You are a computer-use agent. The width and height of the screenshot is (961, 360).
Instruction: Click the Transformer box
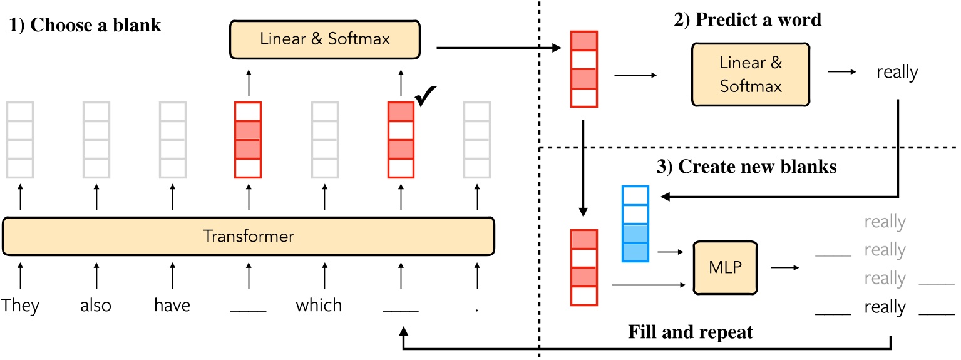click(249, 237)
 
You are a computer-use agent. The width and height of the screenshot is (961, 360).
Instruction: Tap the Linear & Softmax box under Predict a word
click(751, 74)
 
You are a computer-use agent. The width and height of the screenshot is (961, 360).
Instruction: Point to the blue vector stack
click(634, 224)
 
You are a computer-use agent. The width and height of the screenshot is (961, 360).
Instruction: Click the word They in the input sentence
click(20, 306)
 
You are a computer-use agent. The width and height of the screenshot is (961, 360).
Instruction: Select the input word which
click(319, 306)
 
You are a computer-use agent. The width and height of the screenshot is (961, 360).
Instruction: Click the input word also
click(96, 306)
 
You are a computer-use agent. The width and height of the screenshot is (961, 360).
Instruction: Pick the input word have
click(172, 306)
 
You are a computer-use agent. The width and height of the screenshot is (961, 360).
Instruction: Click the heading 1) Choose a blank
click(86, 27)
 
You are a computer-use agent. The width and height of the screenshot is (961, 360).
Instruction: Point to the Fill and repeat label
click(691, 332)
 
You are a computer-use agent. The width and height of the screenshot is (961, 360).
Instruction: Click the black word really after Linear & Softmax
click(897, 73)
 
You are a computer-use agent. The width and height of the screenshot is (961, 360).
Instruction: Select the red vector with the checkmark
click(401, 139)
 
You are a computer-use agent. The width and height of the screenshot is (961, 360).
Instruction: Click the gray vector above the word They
click(20, 139)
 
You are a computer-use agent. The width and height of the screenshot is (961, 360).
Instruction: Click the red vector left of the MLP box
click(583, 268)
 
